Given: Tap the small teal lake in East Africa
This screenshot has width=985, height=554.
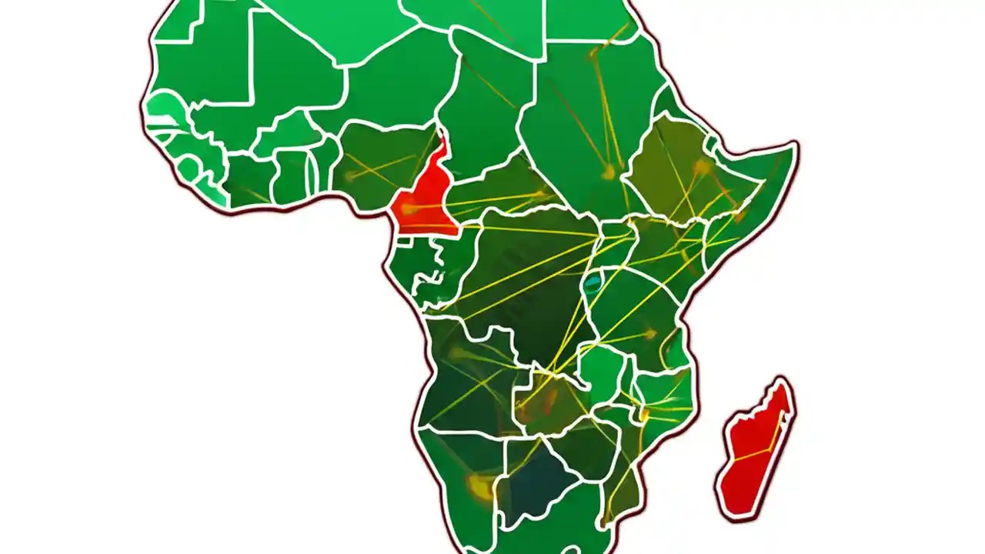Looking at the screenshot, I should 592,284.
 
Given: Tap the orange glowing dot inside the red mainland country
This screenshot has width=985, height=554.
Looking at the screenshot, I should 407,208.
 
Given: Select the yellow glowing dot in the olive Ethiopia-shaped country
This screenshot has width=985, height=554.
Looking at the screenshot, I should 701,166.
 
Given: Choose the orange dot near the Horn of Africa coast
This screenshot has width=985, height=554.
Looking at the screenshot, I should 739,216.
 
